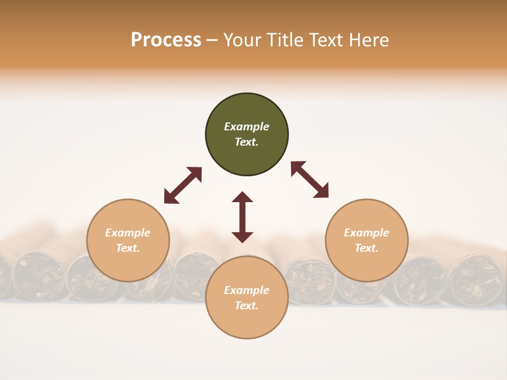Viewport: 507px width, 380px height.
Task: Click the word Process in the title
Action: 166,40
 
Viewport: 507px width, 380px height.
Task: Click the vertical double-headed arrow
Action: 242,217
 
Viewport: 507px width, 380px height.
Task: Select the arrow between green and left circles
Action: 183,185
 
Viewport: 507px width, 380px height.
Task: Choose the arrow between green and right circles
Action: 310,179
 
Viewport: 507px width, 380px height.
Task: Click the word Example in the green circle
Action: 247,127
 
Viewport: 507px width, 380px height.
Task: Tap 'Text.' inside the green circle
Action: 247,142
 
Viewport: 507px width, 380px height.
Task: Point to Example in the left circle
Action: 128,233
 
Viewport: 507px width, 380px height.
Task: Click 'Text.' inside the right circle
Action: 367,248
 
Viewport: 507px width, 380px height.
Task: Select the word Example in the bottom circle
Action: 247,290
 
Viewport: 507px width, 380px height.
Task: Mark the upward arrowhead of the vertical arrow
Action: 242,197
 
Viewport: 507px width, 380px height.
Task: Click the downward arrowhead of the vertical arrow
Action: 242,237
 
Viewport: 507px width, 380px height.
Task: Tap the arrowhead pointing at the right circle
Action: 322,191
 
